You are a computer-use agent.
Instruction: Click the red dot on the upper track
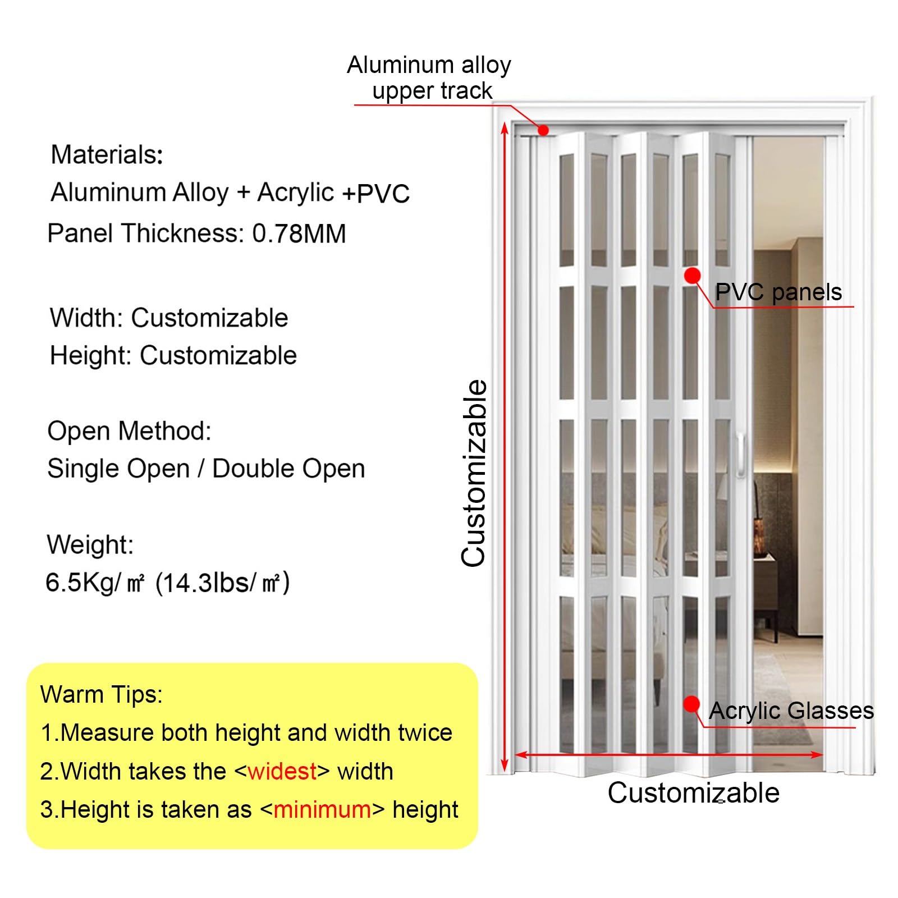coord(543,130)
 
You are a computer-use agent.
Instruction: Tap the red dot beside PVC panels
coord(693,275)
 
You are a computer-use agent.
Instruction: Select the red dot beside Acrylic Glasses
coord(691,704)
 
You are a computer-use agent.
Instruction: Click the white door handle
coord(741,455)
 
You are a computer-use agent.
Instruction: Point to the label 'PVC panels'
coord(778,292)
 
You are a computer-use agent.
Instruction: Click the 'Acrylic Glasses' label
coord(791,711)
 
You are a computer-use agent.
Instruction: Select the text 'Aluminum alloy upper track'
coord(429,77)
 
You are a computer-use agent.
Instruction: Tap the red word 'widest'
coord(282,771)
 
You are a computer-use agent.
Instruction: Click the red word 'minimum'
coord(322,809)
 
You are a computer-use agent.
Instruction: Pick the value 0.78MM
coord(299,233)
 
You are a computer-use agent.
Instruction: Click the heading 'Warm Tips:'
coord(102,694)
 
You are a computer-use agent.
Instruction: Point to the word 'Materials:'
coord(107,154)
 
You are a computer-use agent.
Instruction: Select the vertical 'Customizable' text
coord(474,473)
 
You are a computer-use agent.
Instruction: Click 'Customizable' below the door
coord(693,792)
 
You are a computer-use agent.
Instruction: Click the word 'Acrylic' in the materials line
coord(295,192)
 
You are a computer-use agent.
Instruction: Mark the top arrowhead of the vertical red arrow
coord(505,128)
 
